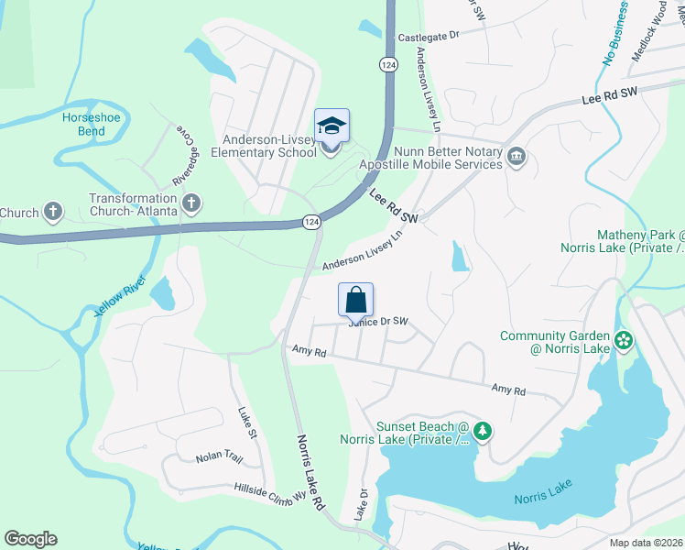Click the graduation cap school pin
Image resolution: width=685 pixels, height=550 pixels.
(332, 126)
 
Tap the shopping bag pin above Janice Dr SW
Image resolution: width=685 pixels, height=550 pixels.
(356, 300)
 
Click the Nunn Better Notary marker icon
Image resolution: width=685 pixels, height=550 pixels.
(516, 158)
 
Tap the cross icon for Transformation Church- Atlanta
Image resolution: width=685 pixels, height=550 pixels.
(191, 203)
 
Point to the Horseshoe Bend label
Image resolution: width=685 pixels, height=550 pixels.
(84, 125)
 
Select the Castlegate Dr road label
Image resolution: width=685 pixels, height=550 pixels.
(427, 38)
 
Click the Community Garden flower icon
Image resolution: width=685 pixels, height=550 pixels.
(624, 342)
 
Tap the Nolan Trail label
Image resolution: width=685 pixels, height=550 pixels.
(218, 456)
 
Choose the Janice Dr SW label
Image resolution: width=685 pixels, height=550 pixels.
(376, 322)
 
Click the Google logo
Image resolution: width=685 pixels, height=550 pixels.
(30, 539)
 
